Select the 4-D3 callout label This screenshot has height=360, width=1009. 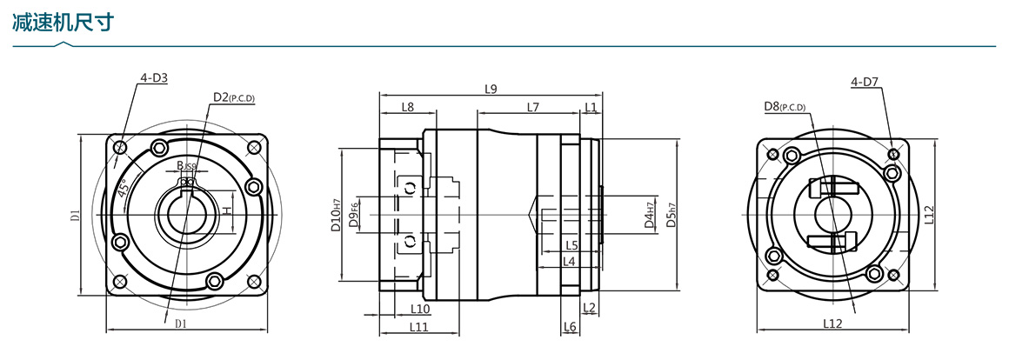tap(153, 78)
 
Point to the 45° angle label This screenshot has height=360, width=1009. tap(124, 186)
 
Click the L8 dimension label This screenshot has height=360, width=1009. tap(407, 107)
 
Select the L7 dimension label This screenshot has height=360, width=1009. tap(533, 107)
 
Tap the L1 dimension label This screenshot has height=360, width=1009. tap(591, 107)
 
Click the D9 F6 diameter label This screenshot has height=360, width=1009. tap(353, 214)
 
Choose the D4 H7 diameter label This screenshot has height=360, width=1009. tap(649, 213)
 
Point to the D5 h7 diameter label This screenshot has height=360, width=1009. tap(671, 214)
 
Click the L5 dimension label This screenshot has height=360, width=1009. tap(571, 245)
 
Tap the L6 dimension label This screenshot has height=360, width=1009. tap(570, 327)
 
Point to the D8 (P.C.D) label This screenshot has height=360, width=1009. tap(784, 107)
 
